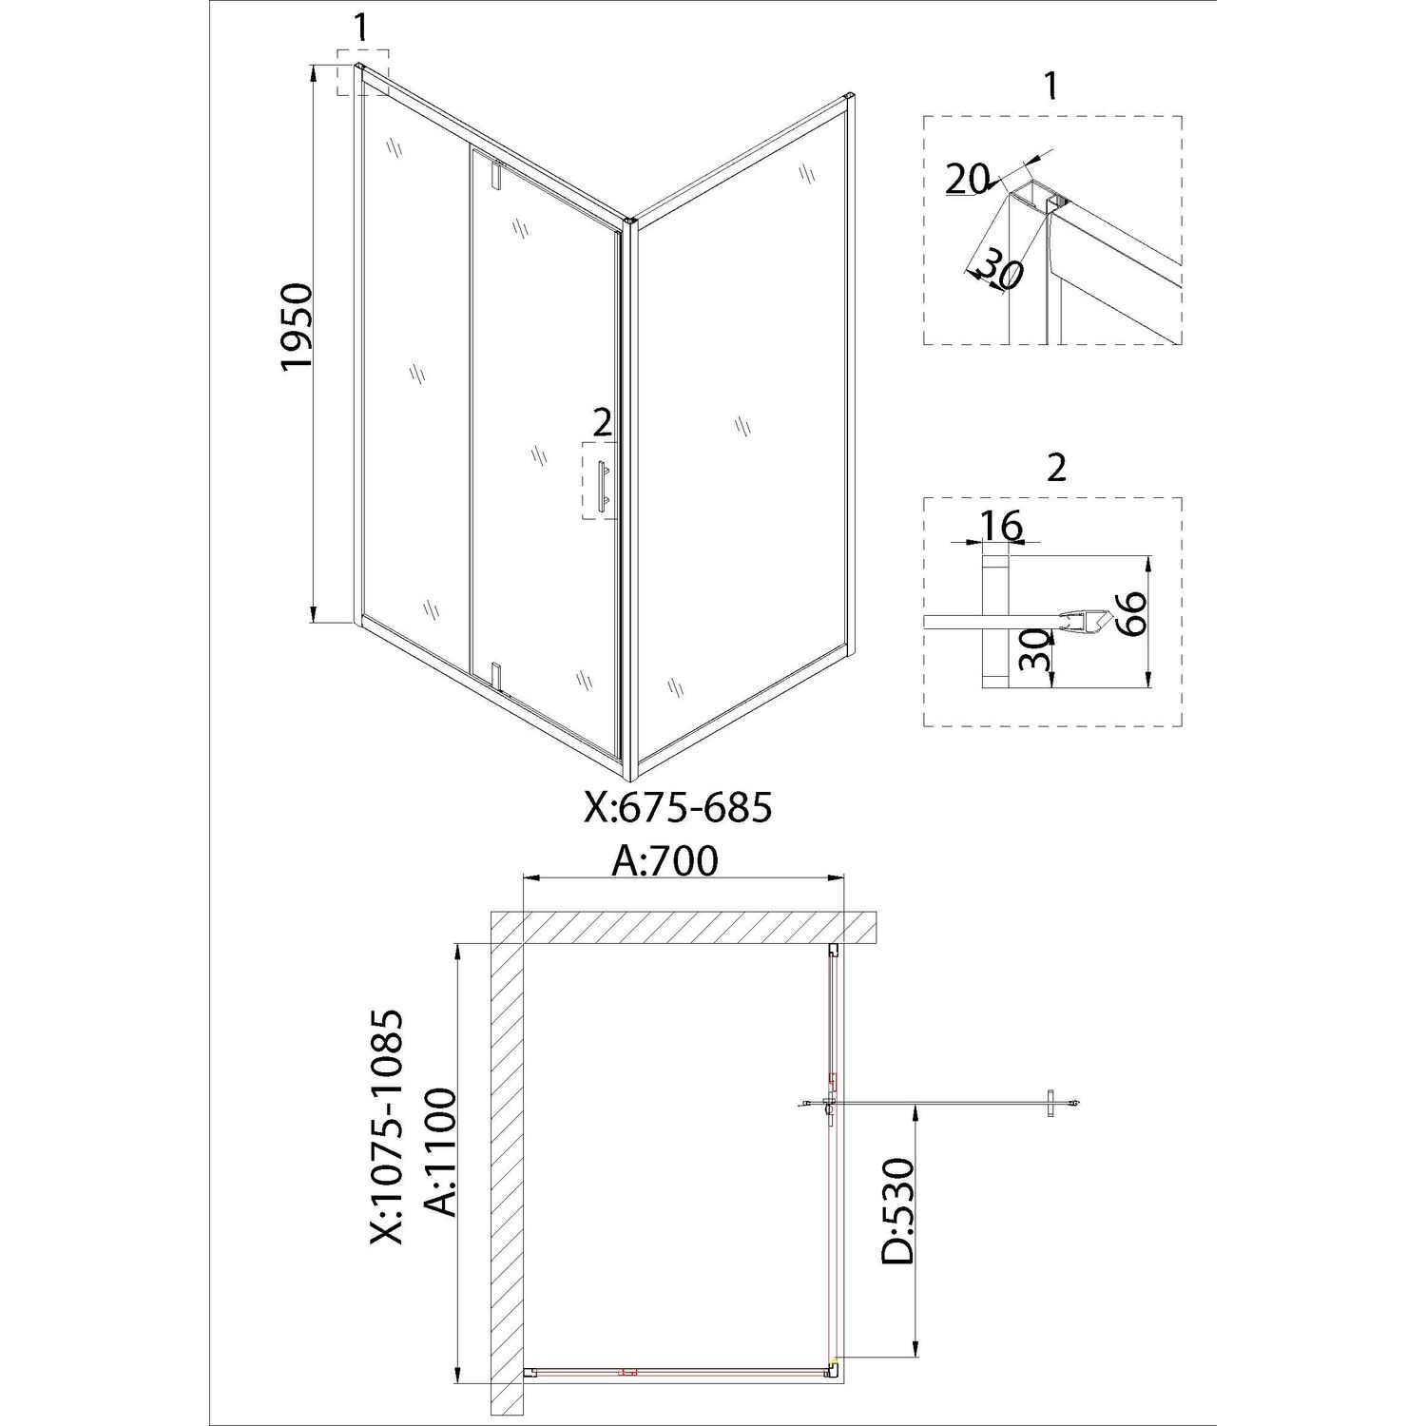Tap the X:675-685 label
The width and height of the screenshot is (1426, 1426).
[x=677, y=808]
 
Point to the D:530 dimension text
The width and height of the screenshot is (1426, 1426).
[x=896, y=1210]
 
